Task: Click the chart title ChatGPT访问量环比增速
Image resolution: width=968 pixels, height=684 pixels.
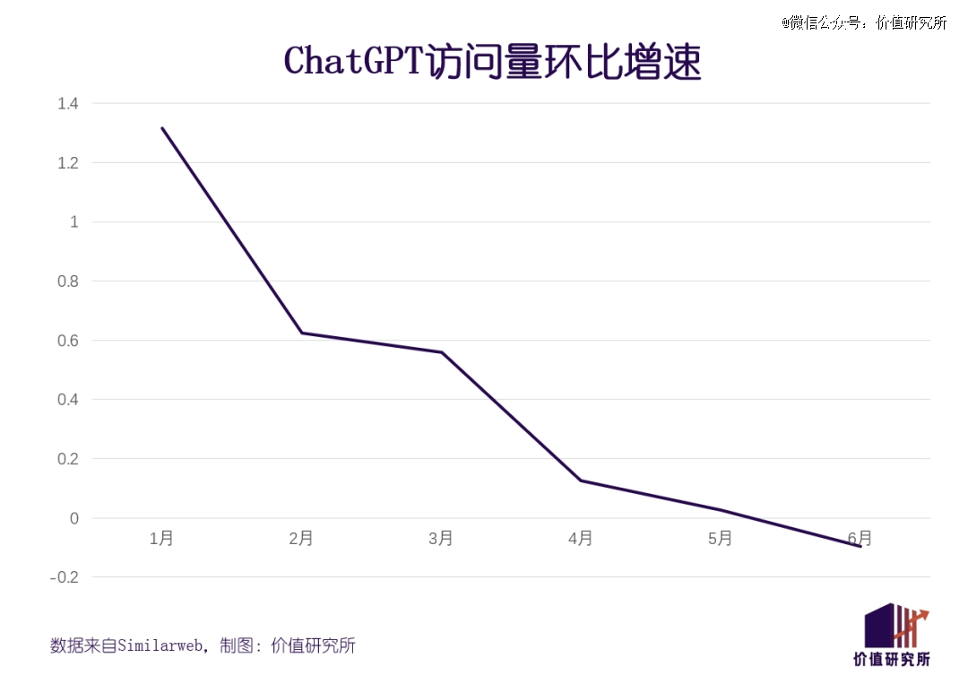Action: tap(492, 61)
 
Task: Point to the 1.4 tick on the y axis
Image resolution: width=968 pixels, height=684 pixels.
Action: tap(68, 104)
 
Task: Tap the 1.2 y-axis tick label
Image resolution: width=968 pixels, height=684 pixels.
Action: tap(68, 163)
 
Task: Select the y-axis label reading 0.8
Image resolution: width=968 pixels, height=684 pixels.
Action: tap(68, 281)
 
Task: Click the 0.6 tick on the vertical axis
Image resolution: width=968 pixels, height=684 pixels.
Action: tap(68, 341)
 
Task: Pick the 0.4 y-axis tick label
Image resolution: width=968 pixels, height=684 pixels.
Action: tap(68, 400)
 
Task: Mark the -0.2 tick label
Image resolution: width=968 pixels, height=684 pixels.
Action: tap(65, 577)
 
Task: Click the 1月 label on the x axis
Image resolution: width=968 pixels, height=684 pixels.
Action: tap(161, 539)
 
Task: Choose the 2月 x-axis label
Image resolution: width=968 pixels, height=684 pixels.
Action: tap(301, 539)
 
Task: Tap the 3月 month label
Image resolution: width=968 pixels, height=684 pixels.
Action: tap(441, 539)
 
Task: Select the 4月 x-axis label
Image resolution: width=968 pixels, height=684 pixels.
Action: tap(580, 539)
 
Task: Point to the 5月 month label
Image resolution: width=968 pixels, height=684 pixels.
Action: tap(720, 539)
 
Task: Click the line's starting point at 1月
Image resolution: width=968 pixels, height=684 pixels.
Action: tap(162, 128)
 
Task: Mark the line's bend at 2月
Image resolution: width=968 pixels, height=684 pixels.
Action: tap(301, 333)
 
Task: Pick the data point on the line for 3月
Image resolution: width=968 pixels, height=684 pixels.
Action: tap(441, 352)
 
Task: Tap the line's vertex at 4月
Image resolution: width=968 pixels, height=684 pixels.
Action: tap(581, 481)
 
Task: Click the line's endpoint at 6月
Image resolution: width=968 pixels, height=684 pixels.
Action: tap(860, 546)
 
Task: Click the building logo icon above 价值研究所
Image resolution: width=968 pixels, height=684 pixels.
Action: tap(895, 625)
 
